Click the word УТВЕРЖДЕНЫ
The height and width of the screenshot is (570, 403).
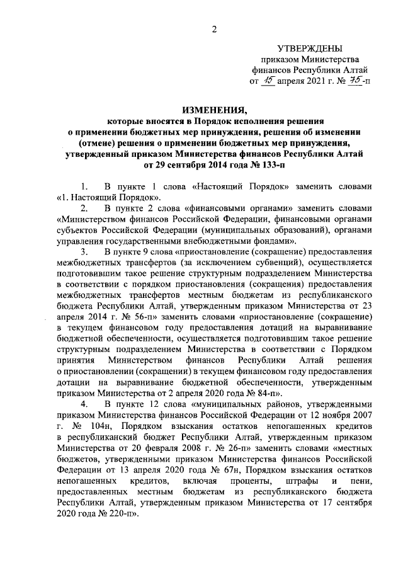310,49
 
